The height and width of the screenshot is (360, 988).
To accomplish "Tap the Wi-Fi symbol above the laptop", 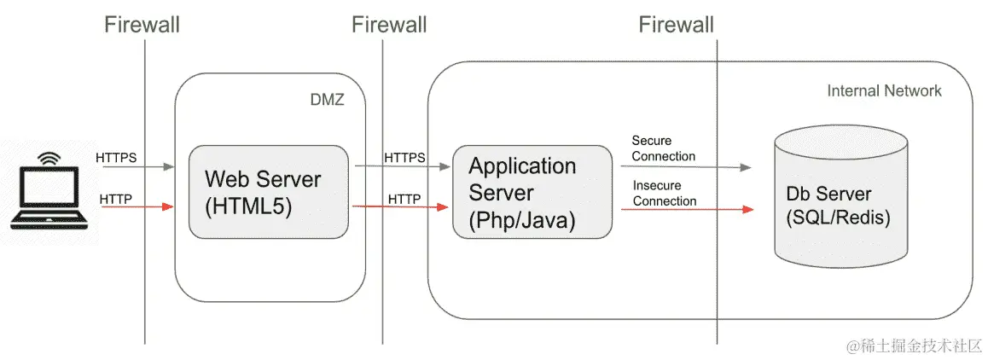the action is [x=49, y=157].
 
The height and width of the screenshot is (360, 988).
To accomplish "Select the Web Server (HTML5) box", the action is [x=269, y=192].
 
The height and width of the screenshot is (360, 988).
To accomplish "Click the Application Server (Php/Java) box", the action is [x=532, y=192].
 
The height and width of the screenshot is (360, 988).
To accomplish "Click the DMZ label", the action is [x=328, y=100].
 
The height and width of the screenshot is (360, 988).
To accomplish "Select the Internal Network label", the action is [x=884, y=90].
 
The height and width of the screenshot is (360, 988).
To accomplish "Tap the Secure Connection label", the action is [x=664, y=148].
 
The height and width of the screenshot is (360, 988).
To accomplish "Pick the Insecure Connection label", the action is [x=665, y=194].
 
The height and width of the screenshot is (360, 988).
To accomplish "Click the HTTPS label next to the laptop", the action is [x=117, y=157].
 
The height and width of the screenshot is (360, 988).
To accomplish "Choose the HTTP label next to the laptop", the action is [x=116, y=200].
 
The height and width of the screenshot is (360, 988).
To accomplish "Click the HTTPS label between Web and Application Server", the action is [x=404, y=157].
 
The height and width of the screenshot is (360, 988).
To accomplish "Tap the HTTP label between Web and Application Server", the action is [x=404, y=200].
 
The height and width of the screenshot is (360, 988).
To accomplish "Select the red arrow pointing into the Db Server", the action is [x=688, y=209].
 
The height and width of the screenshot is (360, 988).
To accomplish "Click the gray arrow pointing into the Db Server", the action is [x=686, y=167].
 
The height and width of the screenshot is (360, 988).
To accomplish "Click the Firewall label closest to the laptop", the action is [x=142, y=25].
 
